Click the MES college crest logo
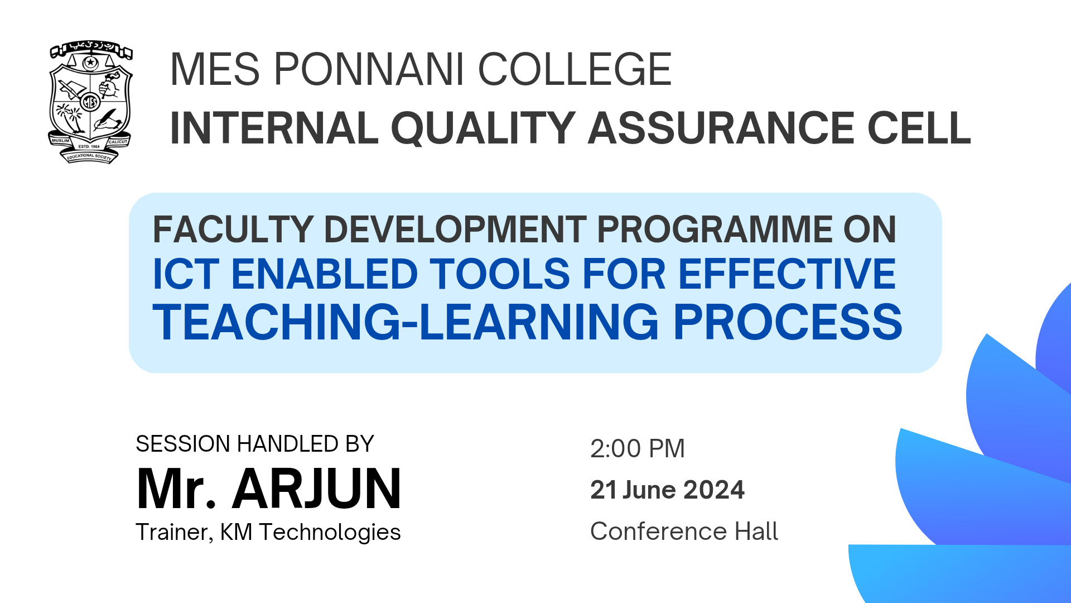[x=90, y=102]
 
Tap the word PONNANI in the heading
[x=369, y=69]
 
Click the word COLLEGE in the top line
[x=575, y=69]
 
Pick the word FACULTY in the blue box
[x=233, y=229]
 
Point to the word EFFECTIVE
[x=787, y=274]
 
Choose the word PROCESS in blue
[x=788, y=322]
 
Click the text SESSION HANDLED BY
[x=255, y=444]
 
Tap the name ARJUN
[x=317, y=489]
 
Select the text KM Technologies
[x=310, y=532]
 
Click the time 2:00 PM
[x=638, y=449]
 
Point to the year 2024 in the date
[x=714, y=490]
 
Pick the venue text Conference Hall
[x=684, y=531]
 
